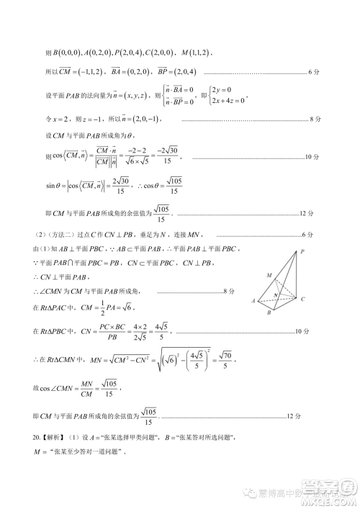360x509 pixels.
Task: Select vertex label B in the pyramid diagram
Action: [x=269, y=313]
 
